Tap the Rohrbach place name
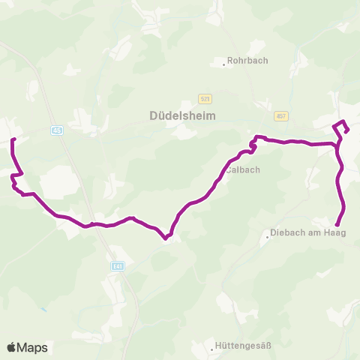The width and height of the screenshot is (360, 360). pos(247,61)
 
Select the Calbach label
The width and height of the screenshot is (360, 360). pos(244,169)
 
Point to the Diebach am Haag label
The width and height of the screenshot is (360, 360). pos(305,232)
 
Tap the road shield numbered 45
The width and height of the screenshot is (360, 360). pos(58,130)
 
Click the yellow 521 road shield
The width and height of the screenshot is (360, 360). pos(205,99)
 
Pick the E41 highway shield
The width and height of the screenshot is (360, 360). pos(118,265)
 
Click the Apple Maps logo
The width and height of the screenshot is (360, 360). pos(27,347)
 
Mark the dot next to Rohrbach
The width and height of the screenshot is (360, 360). pos(224,64)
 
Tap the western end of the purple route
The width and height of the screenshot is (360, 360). pos(13,139)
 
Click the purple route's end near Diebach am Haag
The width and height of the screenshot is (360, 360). pos(337,224)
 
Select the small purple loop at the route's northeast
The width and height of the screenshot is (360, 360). pos(341,127)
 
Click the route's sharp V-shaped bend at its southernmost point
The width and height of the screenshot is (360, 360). pos(166,239)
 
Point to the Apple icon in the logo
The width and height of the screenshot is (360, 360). pos(11,347)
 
